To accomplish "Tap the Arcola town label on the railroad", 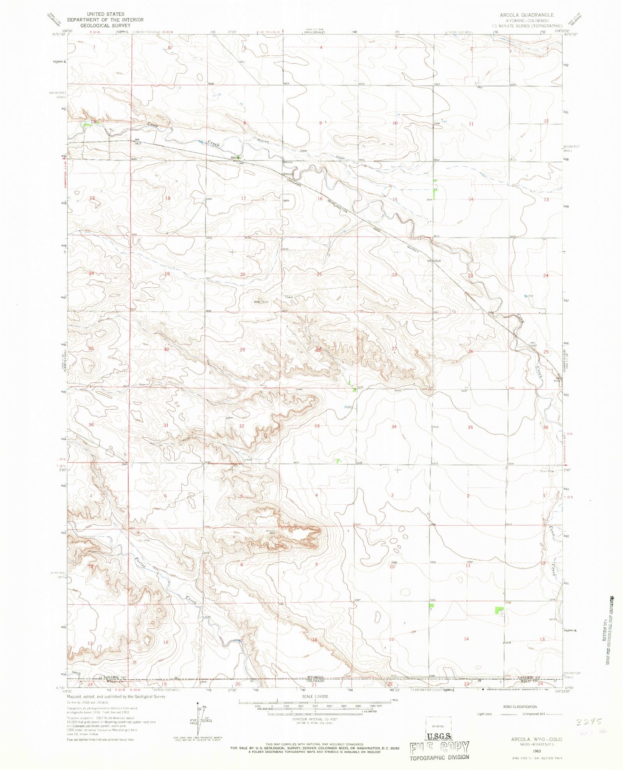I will [x=234, y=157].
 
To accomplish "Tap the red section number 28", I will [x=318, y=349].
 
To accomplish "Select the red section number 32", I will [x=241, y=426].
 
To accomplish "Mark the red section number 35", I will [x=470, y=427].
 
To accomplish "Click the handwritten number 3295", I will [x=589, y=721].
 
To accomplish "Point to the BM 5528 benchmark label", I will [x=434, y=261].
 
